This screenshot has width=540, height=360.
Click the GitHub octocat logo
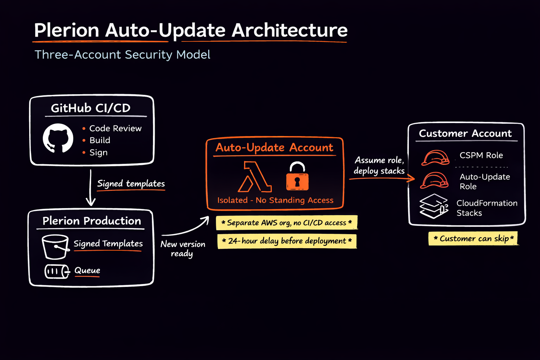point(58,138)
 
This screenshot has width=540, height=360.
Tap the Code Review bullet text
point(115,129)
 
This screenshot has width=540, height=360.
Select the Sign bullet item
point(98,153)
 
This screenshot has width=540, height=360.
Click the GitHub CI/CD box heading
point(91,108)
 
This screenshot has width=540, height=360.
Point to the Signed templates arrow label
point(131,184)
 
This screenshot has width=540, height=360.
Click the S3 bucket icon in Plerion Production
point(55,246)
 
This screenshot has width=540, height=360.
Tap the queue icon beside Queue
point(57,271)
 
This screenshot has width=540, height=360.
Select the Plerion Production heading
point(91,221)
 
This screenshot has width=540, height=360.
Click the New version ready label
point(182,249)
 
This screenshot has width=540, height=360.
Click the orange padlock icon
point(297,176)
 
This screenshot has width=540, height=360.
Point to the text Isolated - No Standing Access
point(275,200)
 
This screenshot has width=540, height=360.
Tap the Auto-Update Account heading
point(274,148)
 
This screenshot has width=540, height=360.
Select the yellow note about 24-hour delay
point(287,241)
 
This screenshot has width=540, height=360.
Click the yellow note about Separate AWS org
point(287,223)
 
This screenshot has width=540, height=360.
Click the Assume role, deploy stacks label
point(379,166)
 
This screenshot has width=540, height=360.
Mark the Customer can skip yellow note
point(473,239)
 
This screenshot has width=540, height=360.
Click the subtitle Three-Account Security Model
point(122,55)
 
